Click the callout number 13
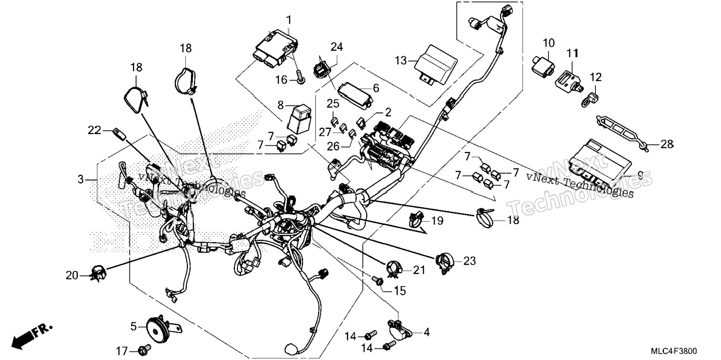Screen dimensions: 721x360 point(401,60)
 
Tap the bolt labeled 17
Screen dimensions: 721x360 point(144,350)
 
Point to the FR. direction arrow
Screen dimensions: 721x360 point(31,337)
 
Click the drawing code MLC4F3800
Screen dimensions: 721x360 point(674,351)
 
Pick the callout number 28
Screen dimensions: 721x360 point(667,144)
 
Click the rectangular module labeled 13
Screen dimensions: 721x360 point(437,65)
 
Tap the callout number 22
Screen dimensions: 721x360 point(94,130)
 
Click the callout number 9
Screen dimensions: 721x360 point(640,175)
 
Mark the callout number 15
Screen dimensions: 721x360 point(400,291)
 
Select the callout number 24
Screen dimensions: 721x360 point(336,47)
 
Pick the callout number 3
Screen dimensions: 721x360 point(81,179)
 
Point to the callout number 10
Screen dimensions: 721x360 point(548,43)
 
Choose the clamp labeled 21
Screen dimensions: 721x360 point(393,269)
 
